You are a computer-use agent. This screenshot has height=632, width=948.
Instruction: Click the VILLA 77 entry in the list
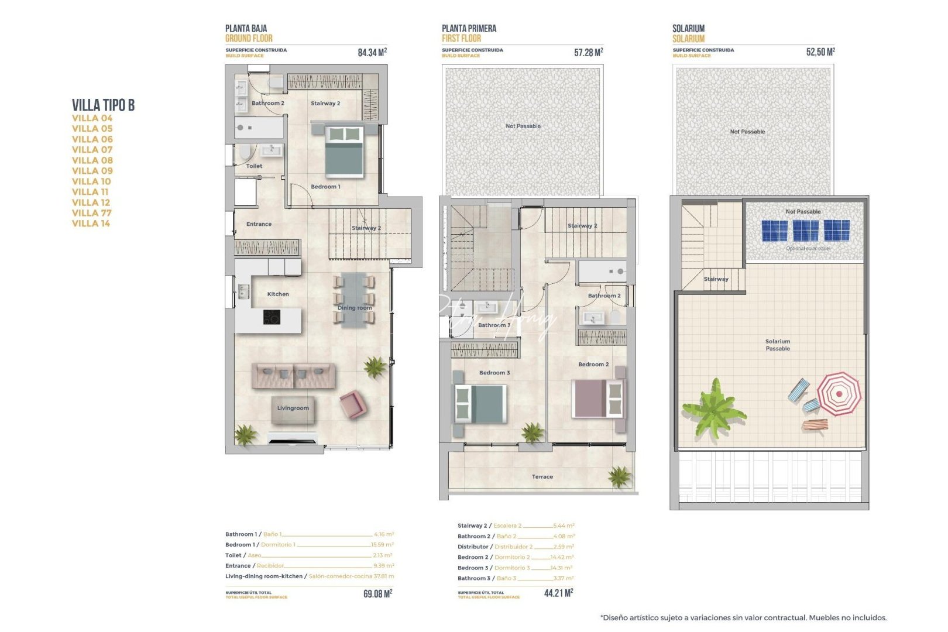point(91,213)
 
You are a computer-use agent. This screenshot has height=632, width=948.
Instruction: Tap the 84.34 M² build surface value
point(372,53)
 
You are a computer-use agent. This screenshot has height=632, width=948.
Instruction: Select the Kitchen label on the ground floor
point(278,294)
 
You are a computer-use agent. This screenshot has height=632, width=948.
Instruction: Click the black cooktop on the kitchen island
point(272,317)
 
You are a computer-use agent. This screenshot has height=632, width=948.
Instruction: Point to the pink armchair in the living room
point(353,404)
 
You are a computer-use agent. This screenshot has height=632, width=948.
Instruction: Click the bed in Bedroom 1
point(344,151)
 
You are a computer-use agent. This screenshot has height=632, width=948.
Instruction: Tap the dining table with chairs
point(353,299)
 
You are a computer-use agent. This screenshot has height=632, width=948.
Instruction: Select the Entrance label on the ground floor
point(259,224)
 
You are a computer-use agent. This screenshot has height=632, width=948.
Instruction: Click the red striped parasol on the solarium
point(839,394)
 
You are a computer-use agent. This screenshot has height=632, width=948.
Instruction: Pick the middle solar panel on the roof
point(805,231)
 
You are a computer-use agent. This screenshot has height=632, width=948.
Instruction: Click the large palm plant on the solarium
point(714,407)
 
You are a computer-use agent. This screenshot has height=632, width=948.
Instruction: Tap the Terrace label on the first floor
point(542,477)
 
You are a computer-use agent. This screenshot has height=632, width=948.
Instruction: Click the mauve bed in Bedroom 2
point(597,399)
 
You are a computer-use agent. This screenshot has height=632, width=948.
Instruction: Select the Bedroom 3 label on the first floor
point(494,373)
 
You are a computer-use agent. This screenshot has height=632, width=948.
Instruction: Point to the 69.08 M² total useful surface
point(377,593)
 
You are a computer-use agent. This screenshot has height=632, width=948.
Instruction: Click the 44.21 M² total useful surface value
point(558,593)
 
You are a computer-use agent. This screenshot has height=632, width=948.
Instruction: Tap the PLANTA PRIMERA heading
point(469,28)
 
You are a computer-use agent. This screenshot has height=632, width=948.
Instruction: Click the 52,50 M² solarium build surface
point(820,52)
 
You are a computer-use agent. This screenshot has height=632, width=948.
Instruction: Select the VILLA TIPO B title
point(103,105)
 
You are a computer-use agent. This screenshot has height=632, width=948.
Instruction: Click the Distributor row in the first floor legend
point(515,547)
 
